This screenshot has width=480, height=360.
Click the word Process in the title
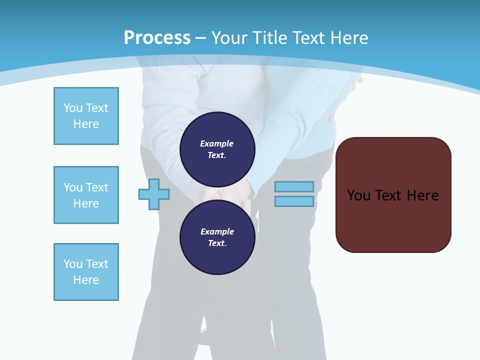pos(157,37)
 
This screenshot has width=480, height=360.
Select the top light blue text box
pos(86,116)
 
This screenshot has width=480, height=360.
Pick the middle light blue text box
pos(86,195)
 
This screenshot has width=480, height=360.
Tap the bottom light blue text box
pos(86,272)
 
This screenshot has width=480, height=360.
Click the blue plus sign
pos(154,194)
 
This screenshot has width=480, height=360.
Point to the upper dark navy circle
pos(217,149)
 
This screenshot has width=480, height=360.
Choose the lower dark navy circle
pos(217,237)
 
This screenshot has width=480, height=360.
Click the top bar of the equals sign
pos(294,186)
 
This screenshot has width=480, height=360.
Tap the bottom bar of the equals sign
pos(294,201)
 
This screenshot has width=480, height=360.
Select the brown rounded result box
pos(393,195)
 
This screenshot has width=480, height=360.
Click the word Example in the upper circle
pos(217,143)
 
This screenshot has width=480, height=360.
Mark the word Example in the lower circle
pos(217,231)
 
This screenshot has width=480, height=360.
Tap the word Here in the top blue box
pos(86,124)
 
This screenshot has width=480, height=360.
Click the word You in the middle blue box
pos(72,187)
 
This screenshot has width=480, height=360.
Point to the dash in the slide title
pos(200,37)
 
